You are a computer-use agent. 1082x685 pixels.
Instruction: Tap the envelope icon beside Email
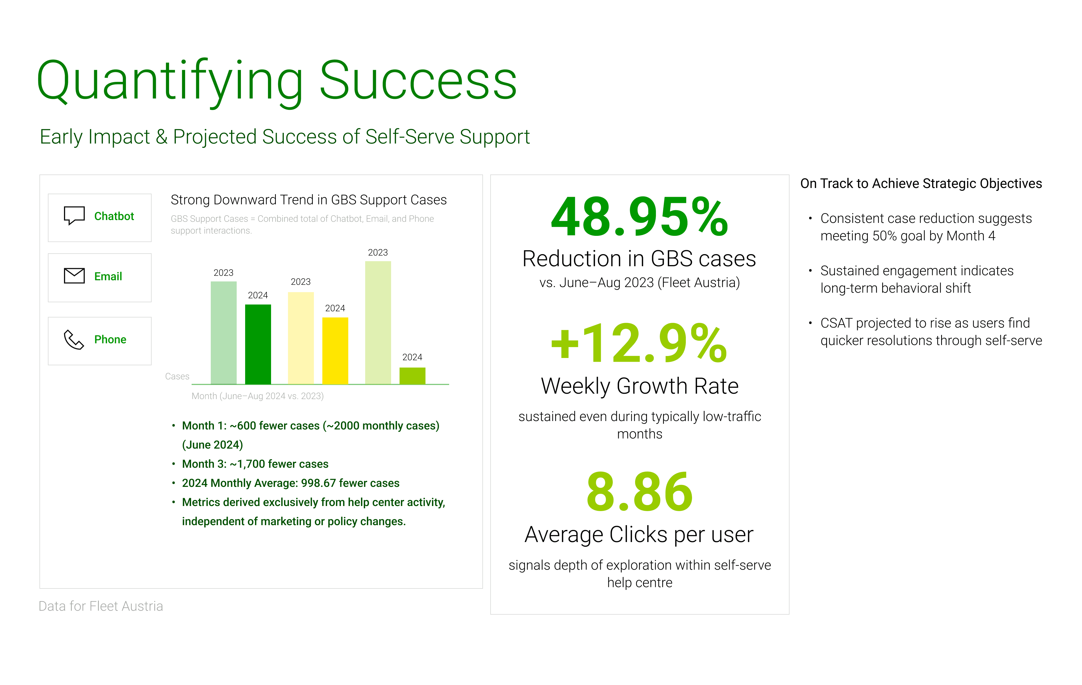(74, 276)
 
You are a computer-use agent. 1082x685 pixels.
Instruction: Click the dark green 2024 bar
(258, 344)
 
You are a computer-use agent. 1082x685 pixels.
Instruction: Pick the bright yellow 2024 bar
(335, 351)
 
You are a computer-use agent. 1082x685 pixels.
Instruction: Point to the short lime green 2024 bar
(413, 376)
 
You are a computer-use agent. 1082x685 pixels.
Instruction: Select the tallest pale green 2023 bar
(378, 323)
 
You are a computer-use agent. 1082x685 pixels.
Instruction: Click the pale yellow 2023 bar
(301, 338)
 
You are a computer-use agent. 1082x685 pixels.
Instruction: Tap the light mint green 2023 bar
(224, 333)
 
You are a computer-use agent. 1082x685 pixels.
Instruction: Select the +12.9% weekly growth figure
(639, 343)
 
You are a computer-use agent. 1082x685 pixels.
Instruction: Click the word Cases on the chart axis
(177, 376)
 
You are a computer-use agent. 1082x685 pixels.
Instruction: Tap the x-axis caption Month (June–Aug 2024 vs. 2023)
(258, 396)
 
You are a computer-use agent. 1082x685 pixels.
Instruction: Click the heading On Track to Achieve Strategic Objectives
(921, 183)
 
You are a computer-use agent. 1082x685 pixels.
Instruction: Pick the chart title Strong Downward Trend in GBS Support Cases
(309, 200)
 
